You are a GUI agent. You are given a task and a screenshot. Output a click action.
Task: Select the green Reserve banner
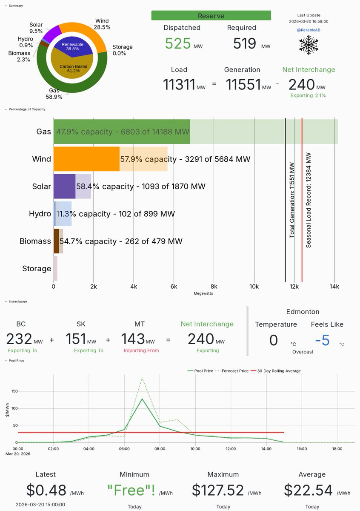211,16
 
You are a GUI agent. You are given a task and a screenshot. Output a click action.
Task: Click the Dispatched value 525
178,43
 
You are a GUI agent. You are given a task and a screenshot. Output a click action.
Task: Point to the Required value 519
245,43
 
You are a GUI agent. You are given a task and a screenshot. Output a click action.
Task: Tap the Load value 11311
178,84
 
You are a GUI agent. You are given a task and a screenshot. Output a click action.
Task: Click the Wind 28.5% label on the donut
102,24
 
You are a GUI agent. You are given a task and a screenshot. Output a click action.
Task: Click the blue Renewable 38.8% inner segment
72,46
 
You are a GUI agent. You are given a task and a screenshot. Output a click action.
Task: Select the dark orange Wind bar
86,159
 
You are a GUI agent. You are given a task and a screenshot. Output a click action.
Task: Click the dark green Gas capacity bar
121,132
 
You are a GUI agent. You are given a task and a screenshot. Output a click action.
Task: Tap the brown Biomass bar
56,241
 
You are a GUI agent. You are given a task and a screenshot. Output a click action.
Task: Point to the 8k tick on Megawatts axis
214,287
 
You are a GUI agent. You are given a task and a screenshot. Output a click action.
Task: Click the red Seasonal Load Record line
302,200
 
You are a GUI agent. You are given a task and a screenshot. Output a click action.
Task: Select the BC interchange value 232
19,339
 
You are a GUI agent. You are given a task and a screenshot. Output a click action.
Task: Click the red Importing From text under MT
139,350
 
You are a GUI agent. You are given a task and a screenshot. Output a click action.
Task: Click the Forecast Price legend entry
233,371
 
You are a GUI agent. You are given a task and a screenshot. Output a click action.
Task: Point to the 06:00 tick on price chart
125,448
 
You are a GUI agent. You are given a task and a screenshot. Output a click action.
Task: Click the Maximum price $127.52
218,490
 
